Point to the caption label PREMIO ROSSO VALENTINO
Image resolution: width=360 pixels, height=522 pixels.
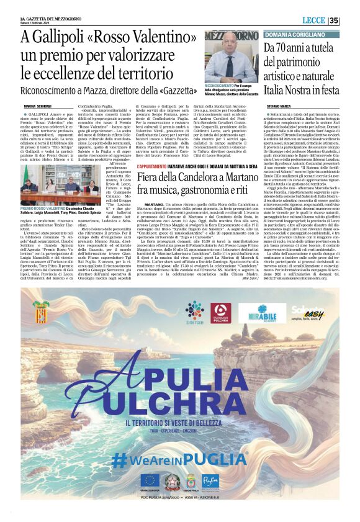pyautogui.click(x=40, y=209)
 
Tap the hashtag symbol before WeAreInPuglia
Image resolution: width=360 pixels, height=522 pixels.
pyautogui.click(x=120, y=460)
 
